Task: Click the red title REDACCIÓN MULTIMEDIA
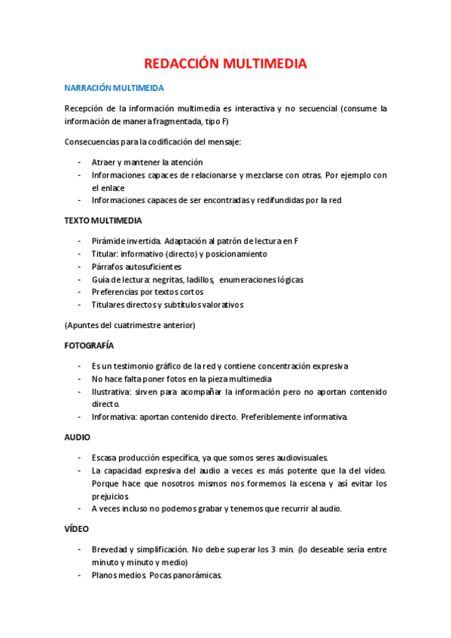pyautogui.click(x=225, y=64)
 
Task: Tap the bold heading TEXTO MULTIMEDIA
pyautogui.click(x=102, y=220)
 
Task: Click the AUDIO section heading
pyautogui.click(x=78, y=436)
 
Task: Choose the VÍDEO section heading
pyautogui.click(x=77, y=530)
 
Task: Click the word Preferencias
pyautogui.click(x=116, y=292)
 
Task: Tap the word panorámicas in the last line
pyautogui.click(x=197, y=576)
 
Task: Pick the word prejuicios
pyautogui.click(x=111, y=496)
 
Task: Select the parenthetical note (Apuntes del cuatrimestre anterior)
pyautogui.click(x=130, y=325)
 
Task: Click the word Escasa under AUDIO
pyautogui.click(x=104, y=457)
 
